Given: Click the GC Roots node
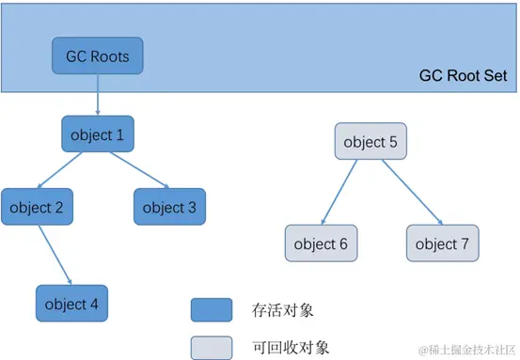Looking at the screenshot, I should pos(97,56).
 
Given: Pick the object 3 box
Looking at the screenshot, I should pos(169,207).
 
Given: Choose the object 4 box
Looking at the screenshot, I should pos(71,303).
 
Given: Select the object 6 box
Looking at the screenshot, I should pos(320,243).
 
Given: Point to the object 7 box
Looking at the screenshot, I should pos(442,243).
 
